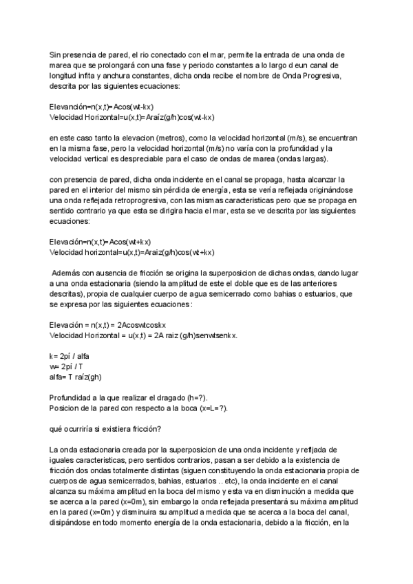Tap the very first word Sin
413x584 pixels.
coord(56,54)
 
